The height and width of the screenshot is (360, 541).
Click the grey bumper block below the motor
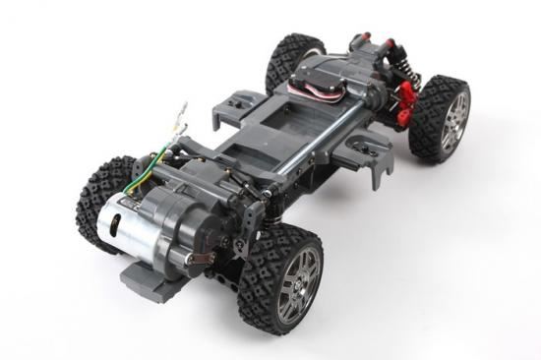click(x=148, y=278)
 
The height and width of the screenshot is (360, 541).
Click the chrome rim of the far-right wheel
click(x=453, y=121)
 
